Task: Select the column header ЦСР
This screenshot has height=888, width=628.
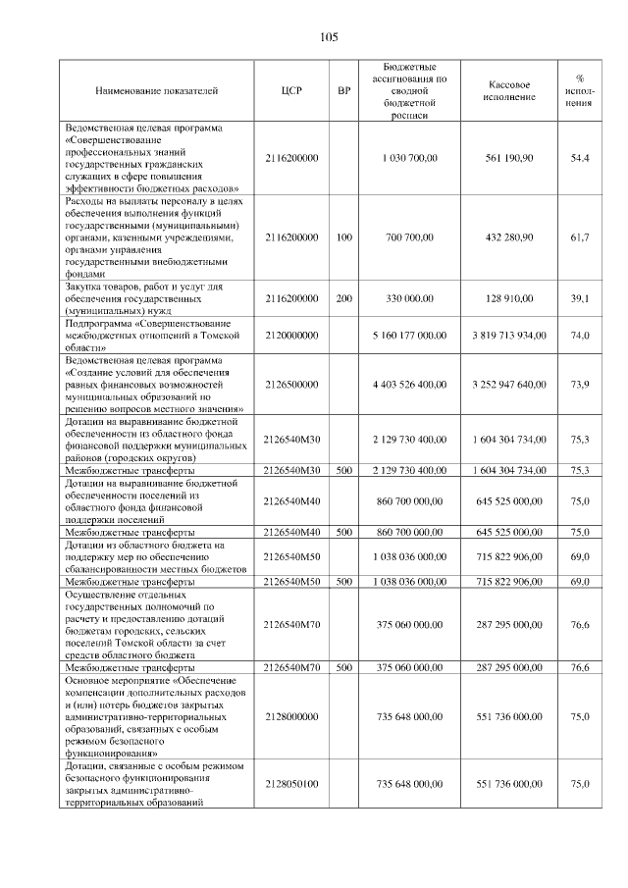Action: (x=291, y=90)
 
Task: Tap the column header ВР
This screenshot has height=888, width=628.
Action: (x=343, y=90)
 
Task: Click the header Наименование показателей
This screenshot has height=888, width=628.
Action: (x=157, y=90)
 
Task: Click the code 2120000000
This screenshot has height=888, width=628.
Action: (x=291, y=336)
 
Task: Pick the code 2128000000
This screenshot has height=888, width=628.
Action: (x=291, y=717)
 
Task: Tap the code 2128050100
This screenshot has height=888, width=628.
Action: (x=291, y=784)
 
